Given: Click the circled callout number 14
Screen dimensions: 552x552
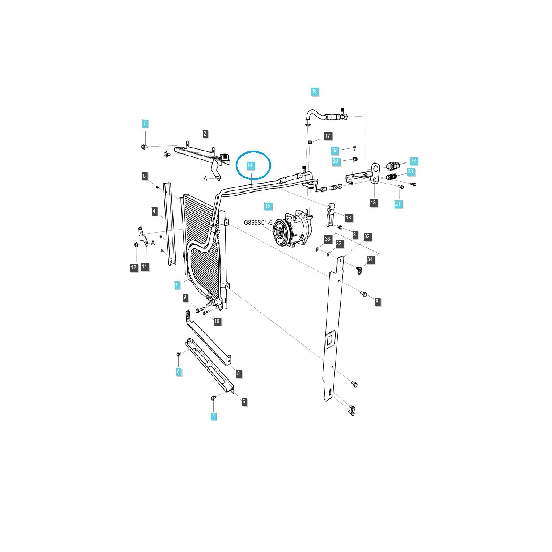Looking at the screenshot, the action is point(250,165).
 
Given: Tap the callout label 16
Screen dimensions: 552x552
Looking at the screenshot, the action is point(314,91).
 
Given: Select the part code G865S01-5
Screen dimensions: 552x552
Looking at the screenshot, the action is point(258,223).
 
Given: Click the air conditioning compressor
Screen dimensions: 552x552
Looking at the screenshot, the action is point(293,230).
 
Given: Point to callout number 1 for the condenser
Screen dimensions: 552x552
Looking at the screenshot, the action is point(177,285).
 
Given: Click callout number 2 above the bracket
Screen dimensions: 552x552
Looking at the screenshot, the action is point(205,134).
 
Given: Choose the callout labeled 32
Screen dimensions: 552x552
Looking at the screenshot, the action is point(367,236).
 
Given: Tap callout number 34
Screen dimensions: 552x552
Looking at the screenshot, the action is point(370,259).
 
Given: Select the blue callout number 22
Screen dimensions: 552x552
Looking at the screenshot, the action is point(413,161).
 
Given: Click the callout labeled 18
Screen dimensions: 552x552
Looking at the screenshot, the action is point(373,203).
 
